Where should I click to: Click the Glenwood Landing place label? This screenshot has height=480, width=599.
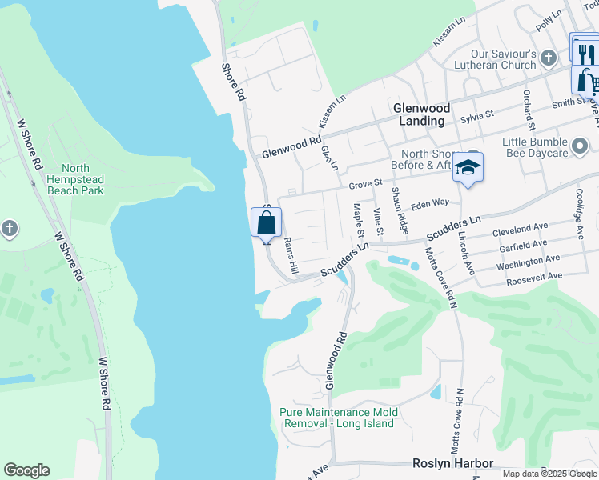coord(421,114)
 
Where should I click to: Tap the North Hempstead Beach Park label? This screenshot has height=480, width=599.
coord(76,179)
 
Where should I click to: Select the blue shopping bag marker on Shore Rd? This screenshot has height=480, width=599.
coord(267,223)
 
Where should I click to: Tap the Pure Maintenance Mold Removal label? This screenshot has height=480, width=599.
coord(338,418)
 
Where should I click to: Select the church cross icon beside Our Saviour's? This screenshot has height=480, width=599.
coord(548,58)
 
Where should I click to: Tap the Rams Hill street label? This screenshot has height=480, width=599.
coord(292,254)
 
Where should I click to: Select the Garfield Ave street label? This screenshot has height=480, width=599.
coord(521,244)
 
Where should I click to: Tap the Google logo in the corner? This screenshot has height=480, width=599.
coord(26,470)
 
